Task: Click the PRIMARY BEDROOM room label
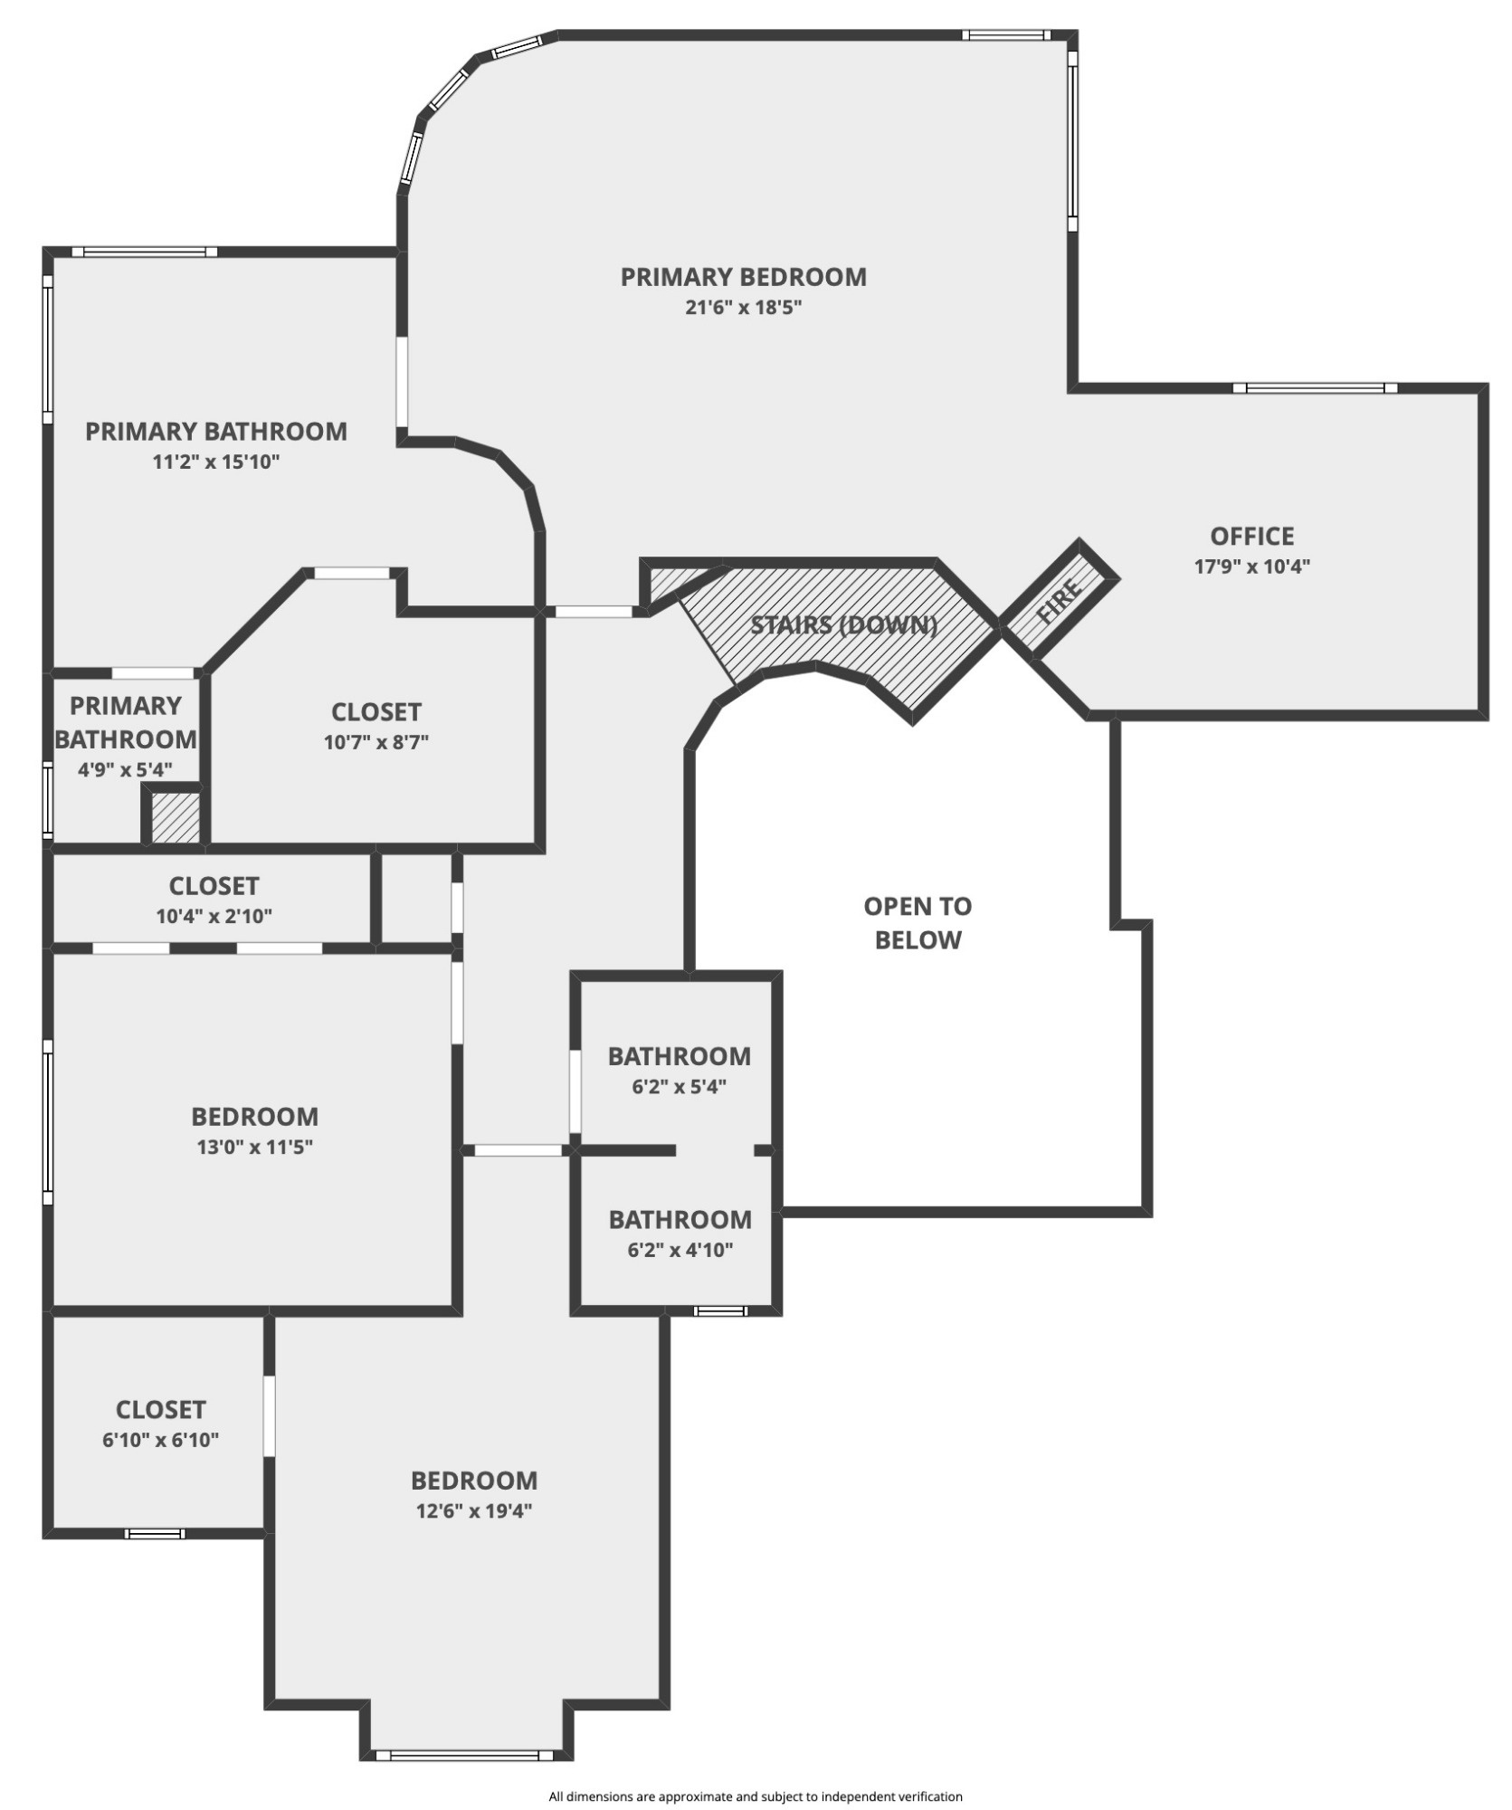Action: [743, 277]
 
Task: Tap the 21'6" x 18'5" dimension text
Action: [743, 308]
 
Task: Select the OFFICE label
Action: [1251, 537]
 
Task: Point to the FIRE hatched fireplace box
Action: [1059, 600]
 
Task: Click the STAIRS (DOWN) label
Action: [843, 625]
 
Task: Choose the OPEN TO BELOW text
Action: [918, 923]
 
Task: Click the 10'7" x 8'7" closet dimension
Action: [376, 743]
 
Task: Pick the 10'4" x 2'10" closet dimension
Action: [214, 916]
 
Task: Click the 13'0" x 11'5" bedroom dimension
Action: [254, 1148]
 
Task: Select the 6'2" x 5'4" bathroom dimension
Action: [679, 1087]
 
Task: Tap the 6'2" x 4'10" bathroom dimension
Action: [680, 1251]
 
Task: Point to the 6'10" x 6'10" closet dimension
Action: [160, 1440]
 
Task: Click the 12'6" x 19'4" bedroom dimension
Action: [473, 1510]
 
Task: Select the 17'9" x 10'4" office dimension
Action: [1251, 567]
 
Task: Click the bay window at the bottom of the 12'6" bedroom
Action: [464, 1755]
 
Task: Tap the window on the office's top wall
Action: [1314, 388]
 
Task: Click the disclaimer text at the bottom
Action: [756, 1796]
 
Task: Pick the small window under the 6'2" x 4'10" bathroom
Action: [720, 1310]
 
